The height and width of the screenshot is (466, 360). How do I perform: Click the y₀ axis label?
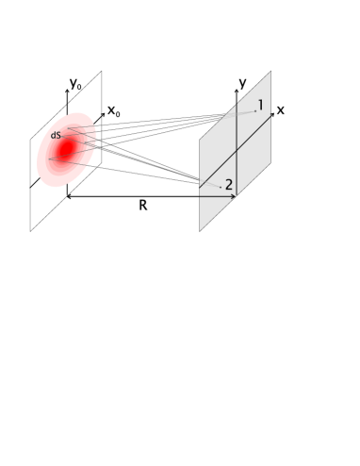click(76, 83)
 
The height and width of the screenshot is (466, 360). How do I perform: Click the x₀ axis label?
click(114, 112)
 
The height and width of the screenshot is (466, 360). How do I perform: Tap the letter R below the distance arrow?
click(142, 206)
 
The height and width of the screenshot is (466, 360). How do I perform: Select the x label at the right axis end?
click(281, 109)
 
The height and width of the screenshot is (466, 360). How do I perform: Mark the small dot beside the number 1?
click(253, 111)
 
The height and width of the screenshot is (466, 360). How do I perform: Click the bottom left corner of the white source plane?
click(30, 230)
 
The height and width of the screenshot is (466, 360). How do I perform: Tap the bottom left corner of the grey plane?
click(200, 230)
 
